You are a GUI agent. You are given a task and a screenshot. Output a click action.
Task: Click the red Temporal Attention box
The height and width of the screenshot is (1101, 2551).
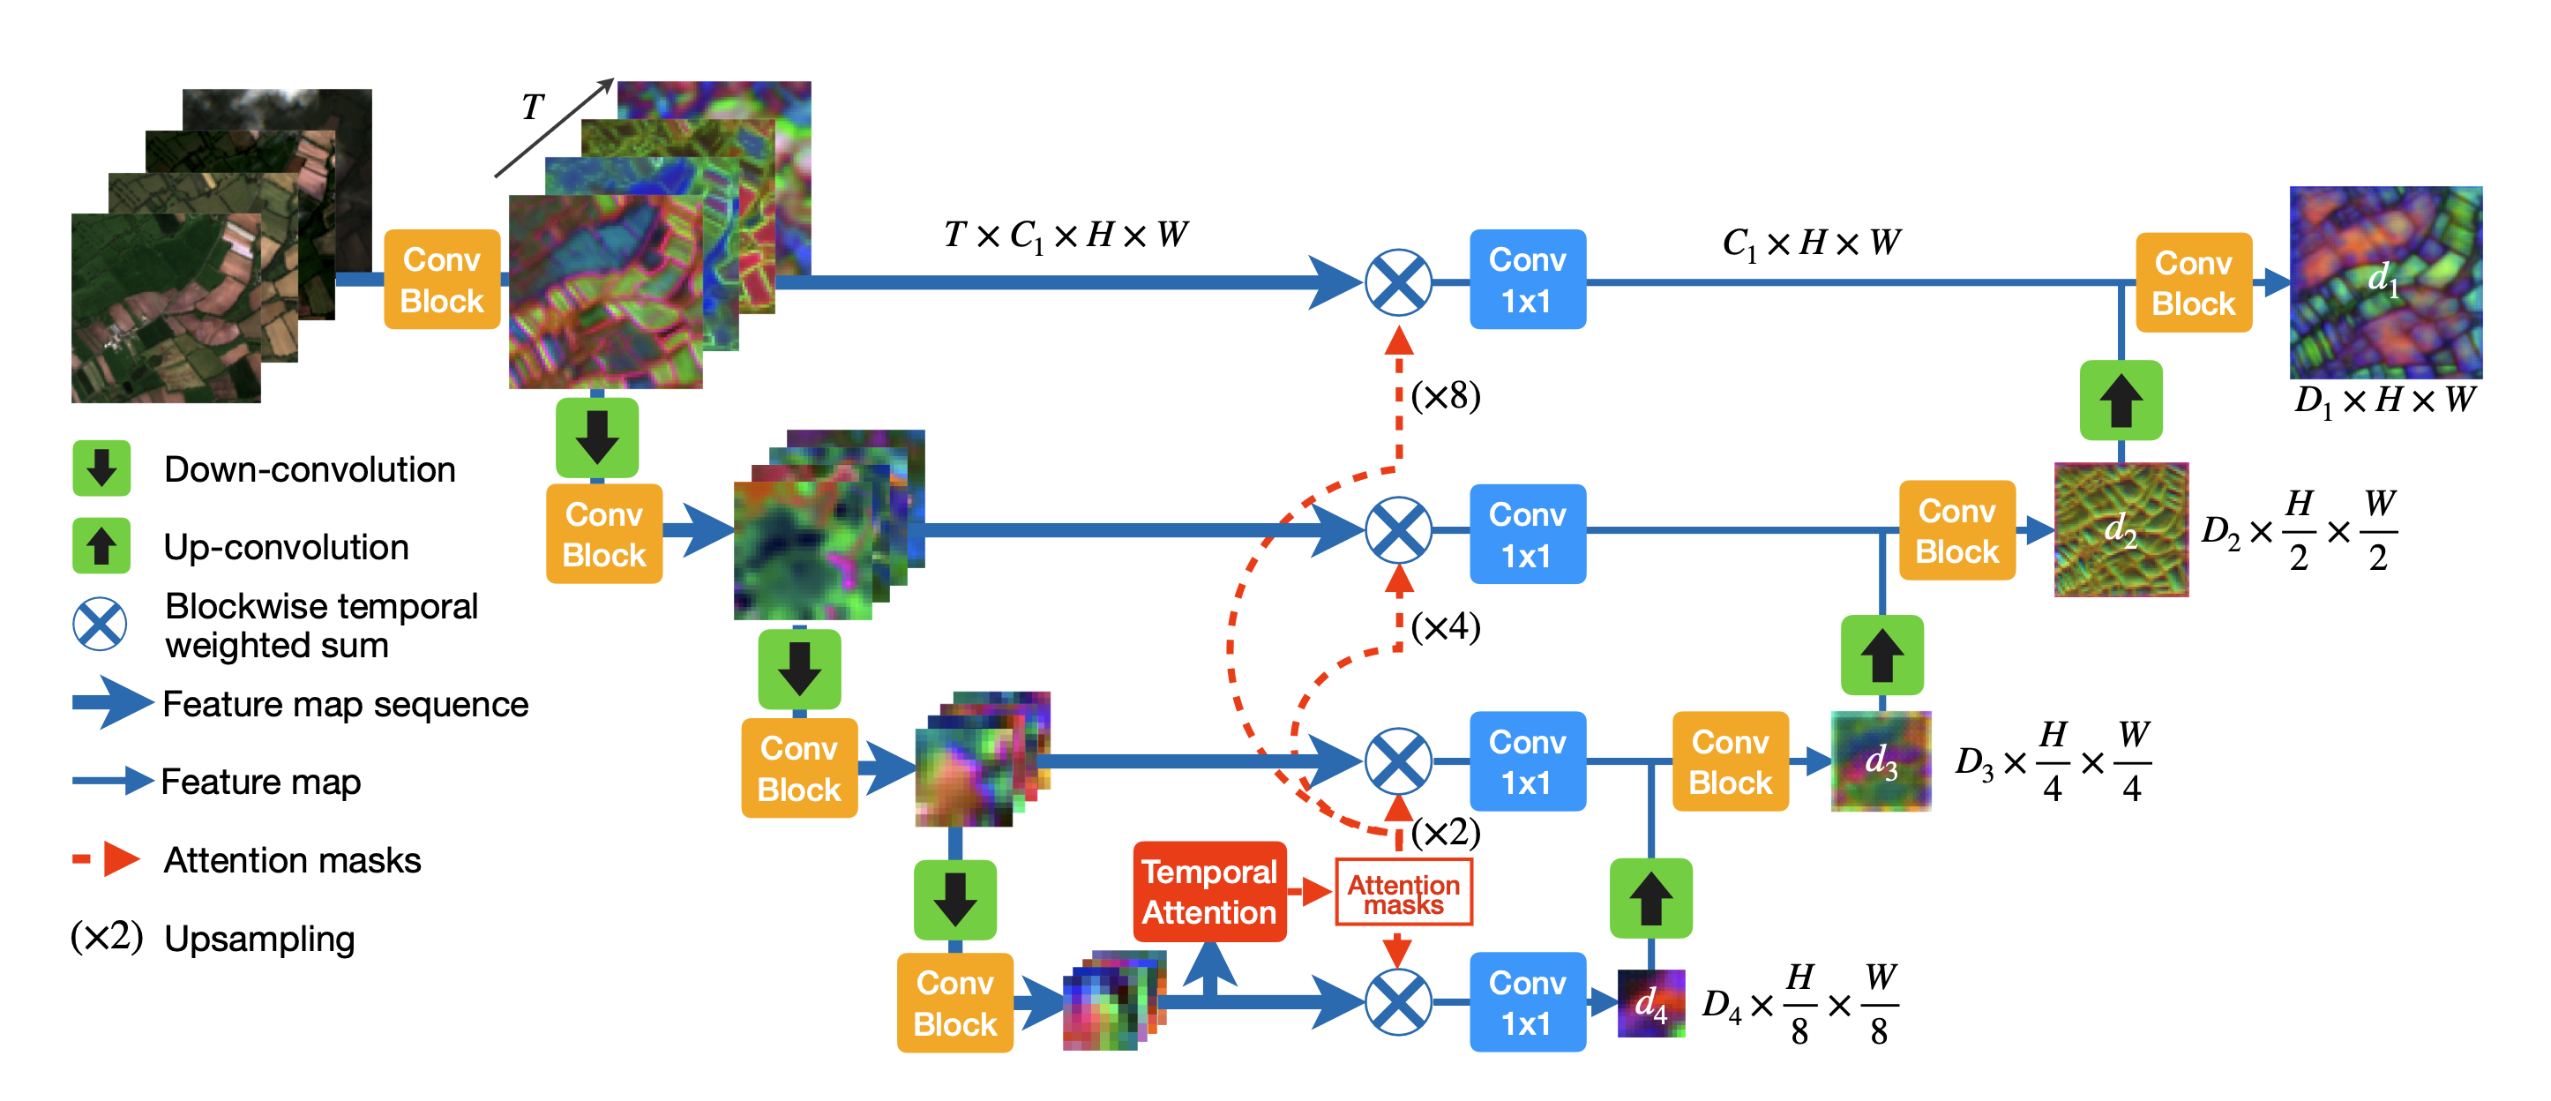1209,891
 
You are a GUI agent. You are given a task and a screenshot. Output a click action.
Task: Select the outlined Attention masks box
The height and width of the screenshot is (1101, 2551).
1403,893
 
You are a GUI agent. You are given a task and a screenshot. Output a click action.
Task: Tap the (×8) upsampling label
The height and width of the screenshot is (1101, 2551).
1445,396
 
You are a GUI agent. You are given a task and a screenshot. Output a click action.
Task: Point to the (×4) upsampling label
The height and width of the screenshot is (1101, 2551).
1445,626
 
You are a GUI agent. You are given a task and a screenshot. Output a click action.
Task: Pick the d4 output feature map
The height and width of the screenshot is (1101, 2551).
1650,1003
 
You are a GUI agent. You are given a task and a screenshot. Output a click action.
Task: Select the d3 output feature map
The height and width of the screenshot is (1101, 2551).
1881,761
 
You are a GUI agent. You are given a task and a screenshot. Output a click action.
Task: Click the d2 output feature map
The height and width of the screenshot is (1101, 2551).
2121,529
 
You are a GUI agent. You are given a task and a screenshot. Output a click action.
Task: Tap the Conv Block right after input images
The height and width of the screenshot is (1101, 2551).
442,281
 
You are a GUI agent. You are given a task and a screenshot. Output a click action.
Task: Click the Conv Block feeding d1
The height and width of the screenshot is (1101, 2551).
2194,283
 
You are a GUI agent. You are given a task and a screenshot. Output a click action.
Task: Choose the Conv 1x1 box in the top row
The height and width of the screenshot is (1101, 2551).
1527,281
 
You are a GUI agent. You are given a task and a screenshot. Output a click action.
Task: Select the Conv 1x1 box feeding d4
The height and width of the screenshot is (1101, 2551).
1527,1002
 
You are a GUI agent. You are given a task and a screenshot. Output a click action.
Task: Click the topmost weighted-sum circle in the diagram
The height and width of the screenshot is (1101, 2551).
1398,282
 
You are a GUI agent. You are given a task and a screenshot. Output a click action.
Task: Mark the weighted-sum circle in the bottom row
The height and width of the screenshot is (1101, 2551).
1398,1002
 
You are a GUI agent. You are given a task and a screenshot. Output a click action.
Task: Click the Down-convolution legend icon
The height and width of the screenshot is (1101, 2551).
101,468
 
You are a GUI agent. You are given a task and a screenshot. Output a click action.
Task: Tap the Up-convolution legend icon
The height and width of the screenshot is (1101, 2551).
101,545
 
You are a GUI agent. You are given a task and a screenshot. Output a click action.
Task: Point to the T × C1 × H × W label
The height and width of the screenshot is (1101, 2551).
1065,236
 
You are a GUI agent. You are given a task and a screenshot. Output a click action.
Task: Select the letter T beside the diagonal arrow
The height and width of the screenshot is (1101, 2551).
533,107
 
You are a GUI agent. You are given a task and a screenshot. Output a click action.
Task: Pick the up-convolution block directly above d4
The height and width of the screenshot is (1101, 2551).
1650,898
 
